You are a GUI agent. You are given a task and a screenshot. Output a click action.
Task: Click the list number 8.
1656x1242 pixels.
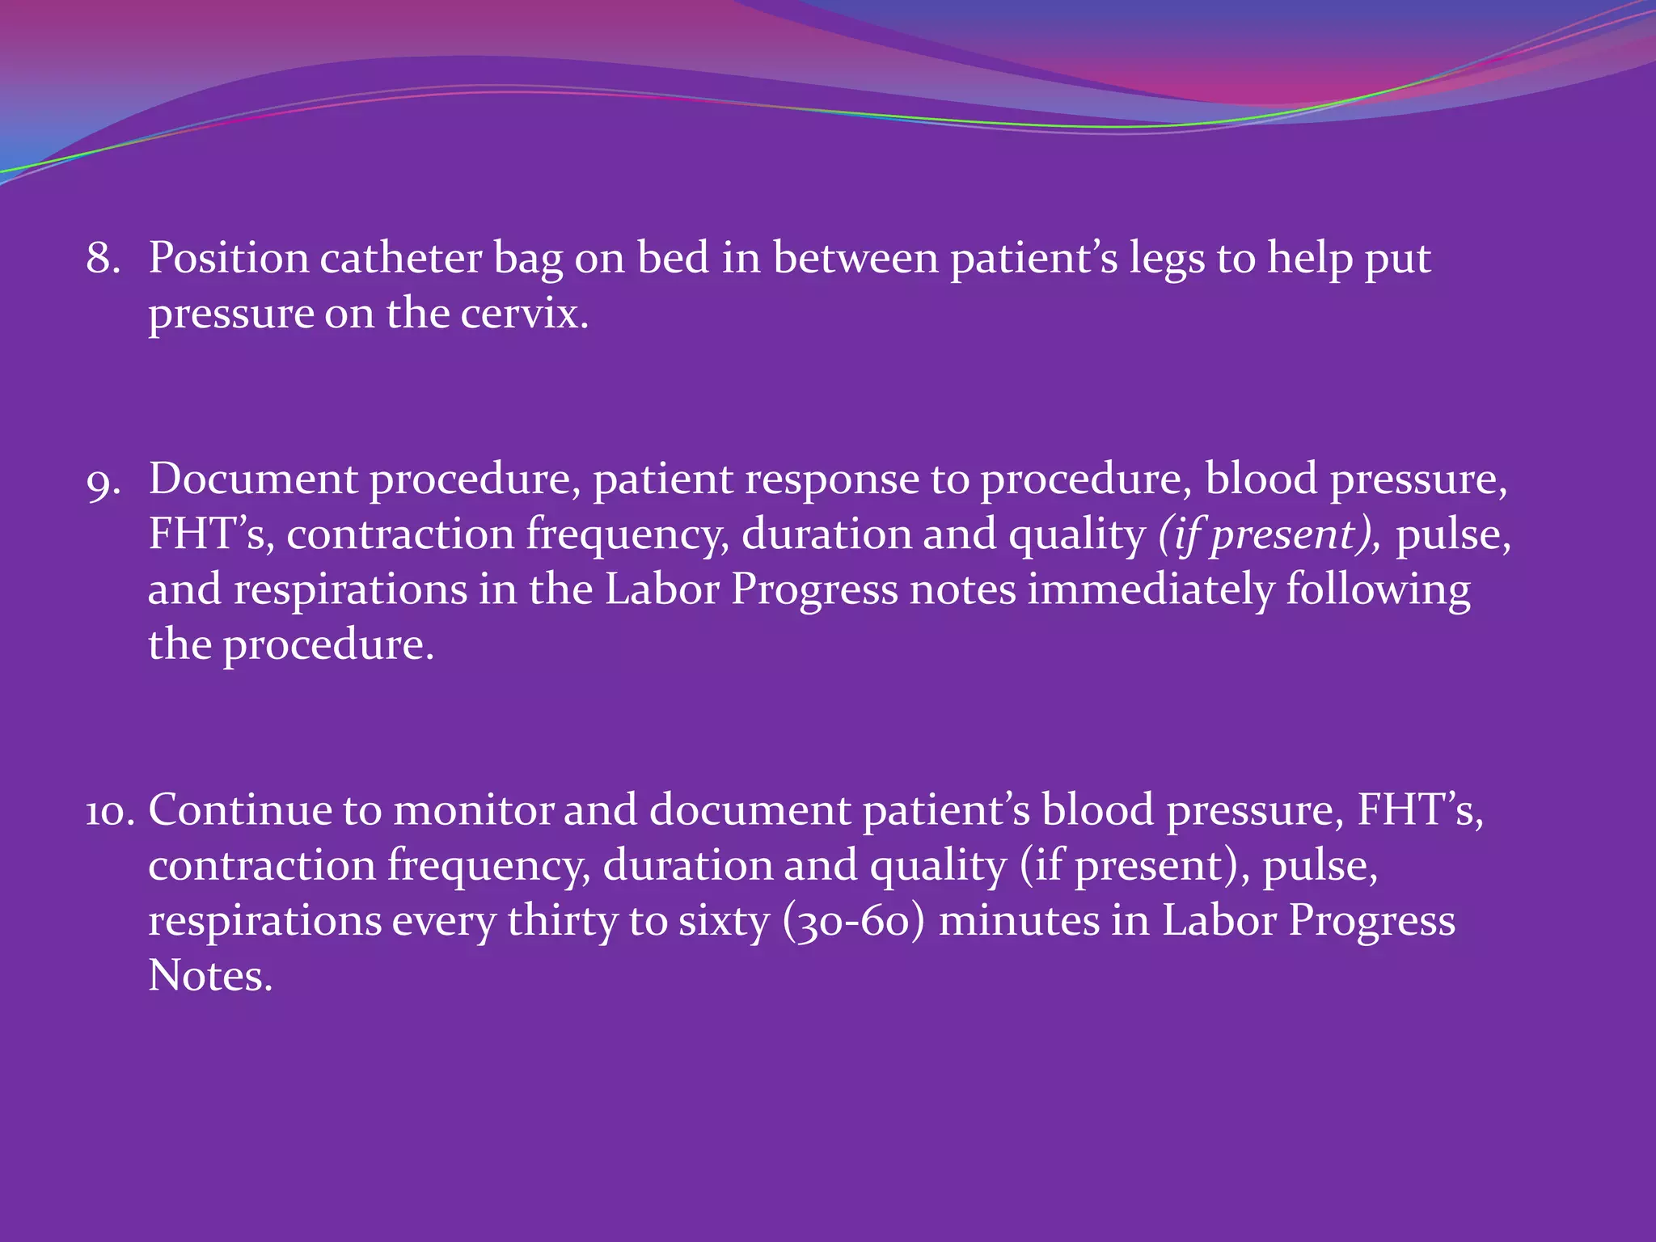point(103,259)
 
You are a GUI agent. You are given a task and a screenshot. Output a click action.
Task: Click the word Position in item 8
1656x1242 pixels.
point(229,259)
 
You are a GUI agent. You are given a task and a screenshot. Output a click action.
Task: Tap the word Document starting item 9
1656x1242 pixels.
point(253,479)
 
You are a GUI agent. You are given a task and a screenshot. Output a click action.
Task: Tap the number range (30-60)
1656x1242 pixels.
point(853,922)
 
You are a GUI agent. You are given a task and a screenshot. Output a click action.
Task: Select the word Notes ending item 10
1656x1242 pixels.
point(210,976)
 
